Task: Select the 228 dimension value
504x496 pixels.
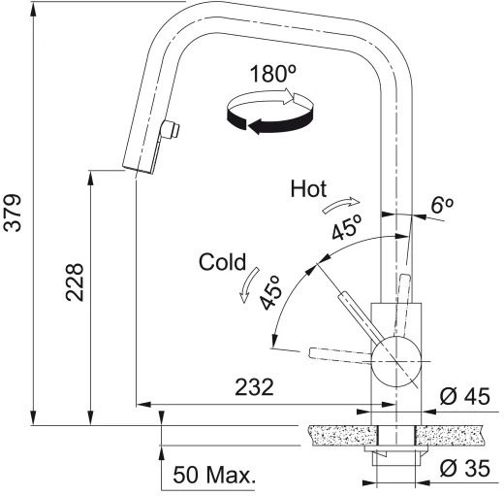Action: click(x=76, y=282)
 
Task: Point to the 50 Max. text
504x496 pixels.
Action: click(x=213, y=476)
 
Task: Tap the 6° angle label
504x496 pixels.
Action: click(x=443, y=205)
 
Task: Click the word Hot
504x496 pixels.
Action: click(x=308, y=189)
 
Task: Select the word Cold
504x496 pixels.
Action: click(x=222, y=261)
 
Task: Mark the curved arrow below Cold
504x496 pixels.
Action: click(x=248, y=287)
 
